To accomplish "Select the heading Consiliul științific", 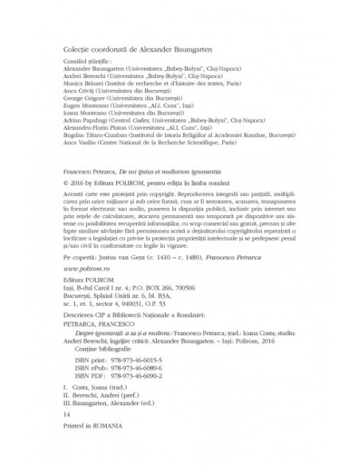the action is click(88, 61).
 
